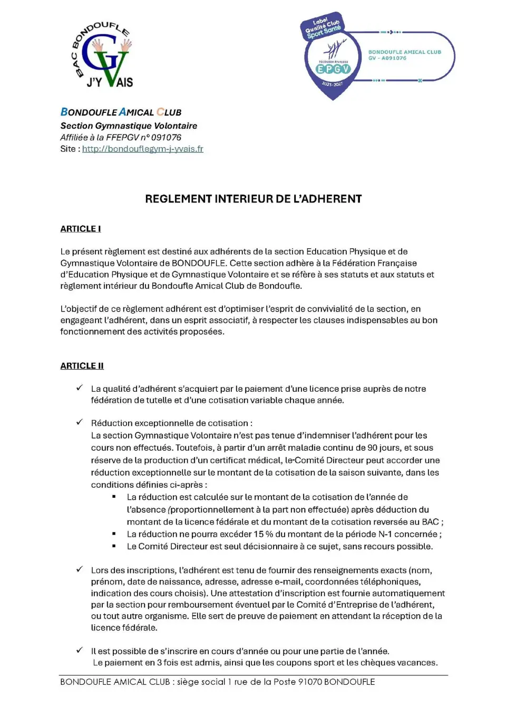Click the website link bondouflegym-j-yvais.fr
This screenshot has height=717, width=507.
coord(142,149)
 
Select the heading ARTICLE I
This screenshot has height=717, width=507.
coord(81,229)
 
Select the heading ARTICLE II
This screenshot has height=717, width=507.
coord(82,366)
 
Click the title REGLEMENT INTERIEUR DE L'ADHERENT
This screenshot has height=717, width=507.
coord(253,199)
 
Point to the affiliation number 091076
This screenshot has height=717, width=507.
coord(166,138)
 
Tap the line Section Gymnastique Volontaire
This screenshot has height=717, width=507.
coord(129,126)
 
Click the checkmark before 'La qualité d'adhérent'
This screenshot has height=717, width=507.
coord(80,388)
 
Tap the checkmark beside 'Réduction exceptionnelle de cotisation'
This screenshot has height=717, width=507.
coord(80,422)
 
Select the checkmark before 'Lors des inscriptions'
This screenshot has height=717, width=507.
coord(80,569)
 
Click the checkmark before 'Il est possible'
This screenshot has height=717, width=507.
coord(80,651)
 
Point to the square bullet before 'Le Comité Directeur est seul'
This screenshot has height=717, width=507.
coord(114,546)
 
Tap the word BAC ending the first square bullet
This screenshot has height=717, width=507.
coord(430,522)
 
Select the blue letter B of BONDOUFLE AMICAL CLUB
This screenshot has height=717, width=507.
coord(64,112)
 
